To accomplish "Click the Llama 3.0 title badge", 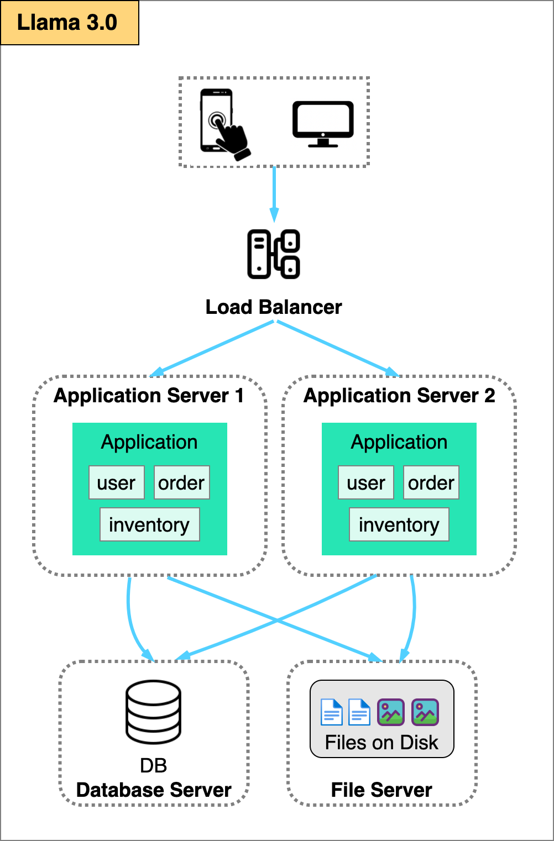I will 69,23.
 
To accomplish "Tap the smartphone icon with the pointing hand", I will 222,123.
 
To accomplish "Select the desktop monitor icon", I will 323,123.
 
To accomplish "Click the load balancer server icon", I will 274,254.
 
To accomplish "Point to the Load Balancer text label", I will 274,307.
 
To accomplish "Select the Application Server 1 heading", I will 149,396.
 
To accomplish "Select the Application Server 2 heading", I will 399,396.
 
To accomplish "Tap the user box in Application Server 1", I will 117,482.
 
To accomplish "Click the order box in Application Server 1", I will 182,482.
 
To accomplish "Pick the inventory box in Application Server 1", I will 149,524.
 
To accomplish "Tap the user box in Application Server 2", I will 366,482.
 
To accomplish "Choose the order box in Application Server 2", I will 431,482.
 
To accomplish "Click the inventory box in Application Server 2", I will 399,524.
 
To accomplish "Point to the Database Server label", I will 154,790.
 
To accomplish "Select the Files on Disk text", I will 381,743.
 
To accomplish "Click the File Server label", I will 381,790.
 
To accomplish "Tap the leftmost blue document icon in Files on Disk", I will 332,712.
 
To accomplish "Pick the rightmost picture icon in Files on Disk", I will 425,712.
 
